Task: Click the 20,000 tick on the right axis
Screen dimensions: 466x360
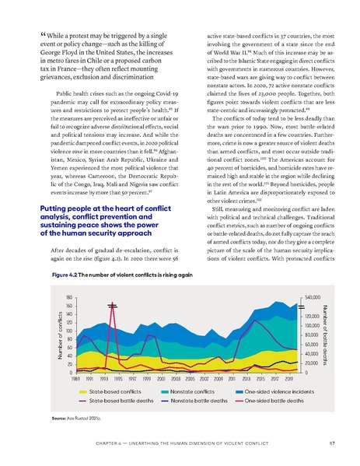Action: [312, 363]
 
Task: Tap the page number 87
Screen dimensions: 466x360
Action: [331, 446]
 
